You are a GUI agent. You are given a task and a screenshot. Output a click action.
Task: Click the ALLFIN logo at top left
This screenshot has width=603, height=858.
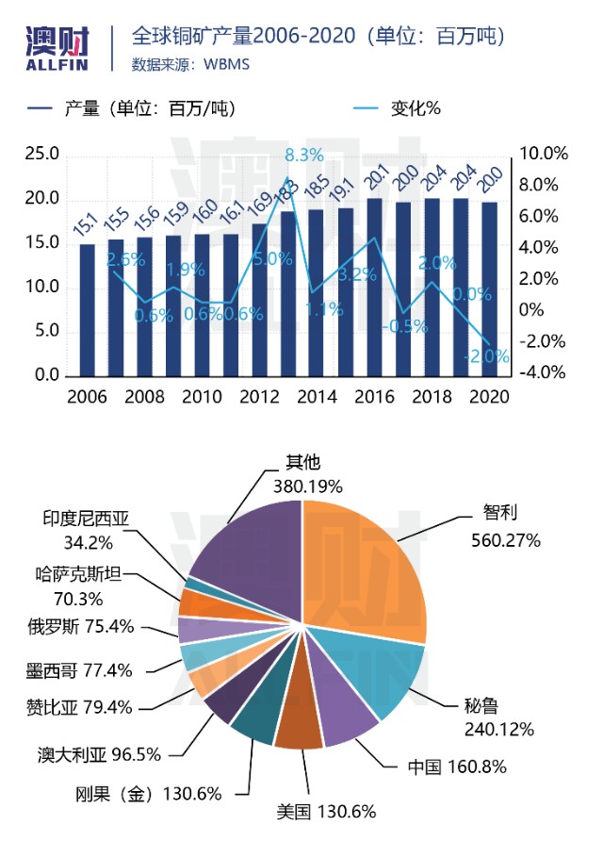57,45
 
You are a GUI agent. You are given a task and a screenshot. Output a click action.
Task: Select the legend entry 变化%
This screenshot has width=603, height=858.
416,107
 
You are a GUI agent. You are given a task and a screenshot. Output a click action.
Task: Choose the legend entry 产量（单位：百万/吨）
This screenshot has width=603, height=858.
149,107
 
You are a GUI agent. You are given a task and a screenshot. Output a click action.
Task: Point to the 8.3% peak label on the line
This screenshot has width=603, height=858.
303,155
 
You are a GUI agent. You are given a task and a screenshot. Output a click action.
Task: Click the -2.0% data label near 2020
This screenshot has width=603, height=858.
486,356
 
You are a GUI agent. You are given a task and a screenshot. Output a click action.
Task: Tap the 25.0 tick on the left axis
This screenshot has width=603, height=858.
41,155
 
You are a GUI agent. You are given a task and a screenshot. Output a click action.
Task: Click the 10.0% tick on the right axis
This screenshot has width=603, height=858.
544,155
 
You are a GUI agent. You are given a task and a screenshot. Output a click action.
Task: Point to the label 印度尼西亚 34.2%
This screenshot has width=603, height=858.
90,530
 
